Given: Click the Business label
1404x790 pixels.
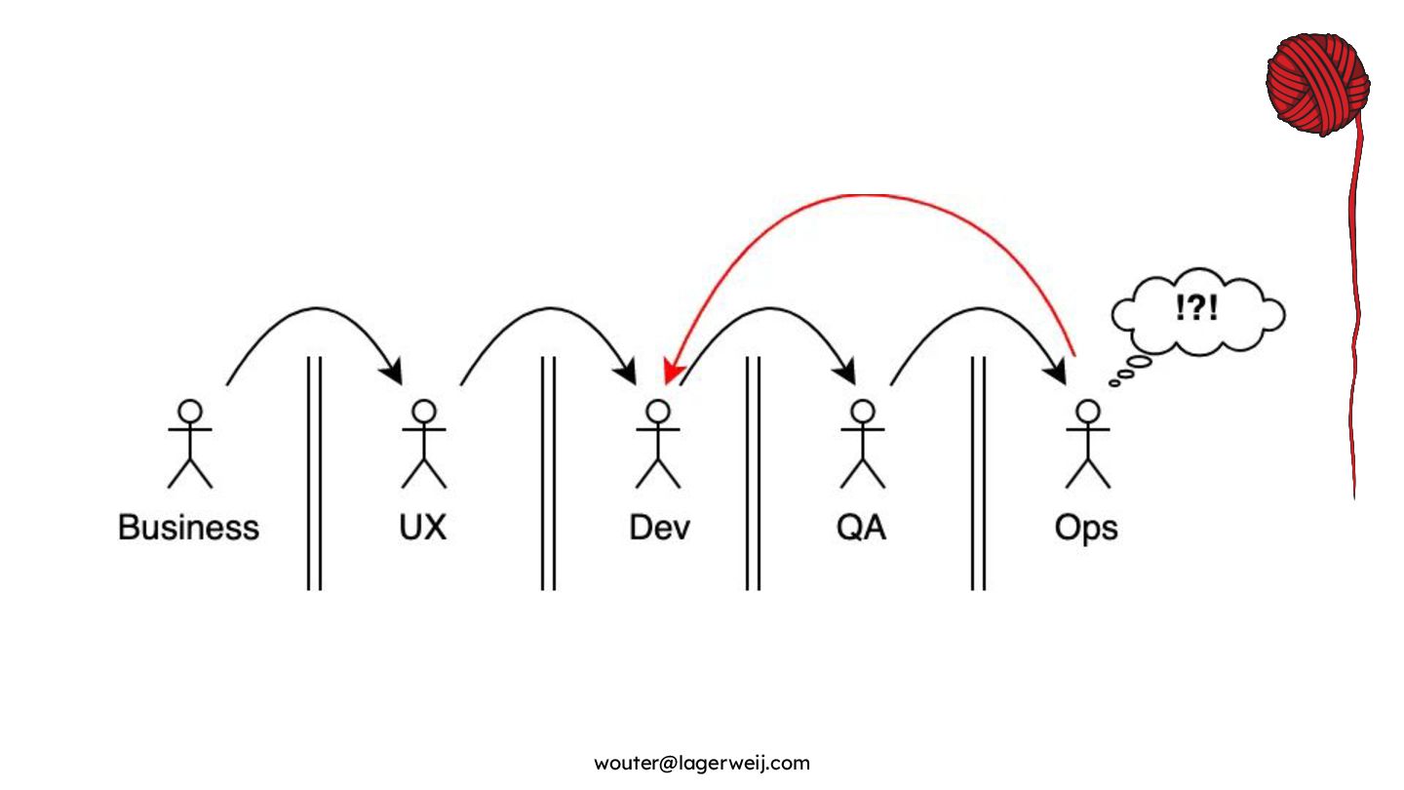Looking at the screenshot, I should coord(188,528).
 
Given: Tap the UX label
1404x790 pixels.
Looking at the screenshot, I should coord(422,528).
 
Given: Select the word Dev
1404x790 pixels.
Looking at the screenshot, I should coord(659,528).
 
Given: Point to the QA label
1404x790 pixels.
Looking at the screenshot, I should coord(861,528).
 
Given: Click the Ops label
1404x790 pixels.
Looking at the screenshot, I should coord(1085,528).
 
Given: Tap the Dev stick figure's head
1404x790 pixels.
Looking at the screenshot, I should coord(658,411).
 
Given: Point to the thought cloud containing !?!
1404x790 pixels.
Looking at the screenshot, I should coord(1198,313).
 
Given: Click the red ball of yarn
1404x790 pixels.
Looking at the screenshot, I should coord(1317,83).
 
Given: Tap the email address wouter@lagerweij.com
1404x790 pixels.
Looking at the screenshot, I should coord(702,763).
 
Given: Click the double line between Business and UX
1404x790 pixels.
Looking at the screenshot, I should coord(314,473).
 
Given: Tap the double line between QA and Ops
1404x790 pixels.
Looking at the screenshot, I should coord(978,473).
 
